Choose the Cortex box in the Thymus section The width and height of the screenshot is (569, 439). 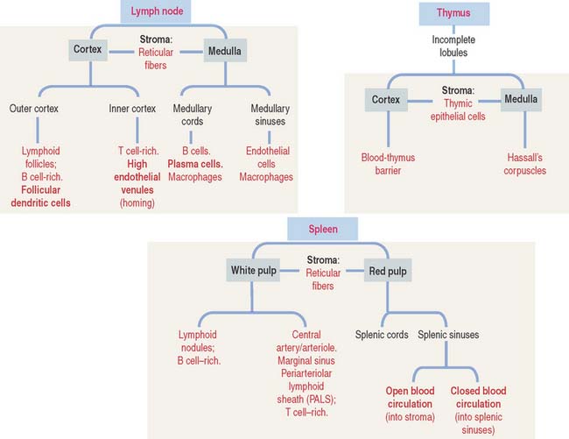pyautogui.click(x=385, y=100)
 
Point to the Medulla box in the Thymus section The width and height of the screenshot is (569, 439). pyautogui.click(x=521, y=100)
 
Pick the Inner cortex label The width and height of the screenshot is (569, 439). pyautogui.click(x=130, y=110)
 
